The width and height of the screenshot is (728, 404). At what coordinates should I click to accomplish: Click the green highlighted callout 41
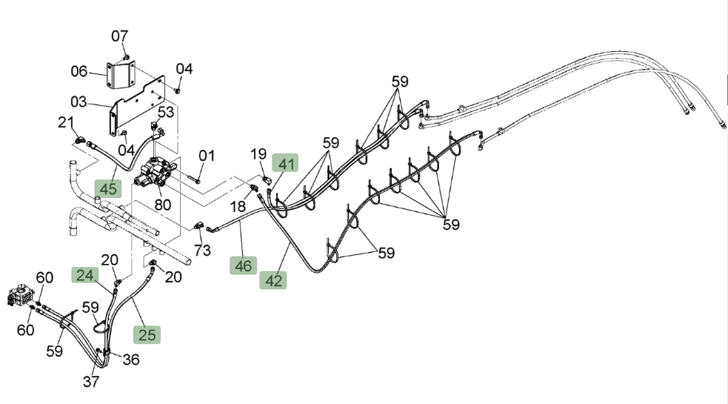(285, 163)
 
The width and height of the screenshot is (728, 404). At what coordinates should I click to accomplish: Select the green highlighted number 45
(108, 189)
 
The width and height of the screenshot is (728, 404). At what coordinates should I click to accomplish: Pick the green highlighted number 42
(273, 280)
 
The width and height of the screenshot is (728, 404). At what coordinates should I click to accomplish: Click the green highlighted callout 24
(85, 275)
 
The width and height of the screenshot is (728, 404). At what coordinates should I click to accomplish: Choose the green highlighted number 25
(147, 334)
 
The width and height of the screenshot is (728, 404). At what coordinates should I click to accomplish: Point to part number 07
(119, 36)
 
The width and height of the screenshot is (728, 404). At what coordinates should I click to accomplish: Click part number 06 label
(79, 71)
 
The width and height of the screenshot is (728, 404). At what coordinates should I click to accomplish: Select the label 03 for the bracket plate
(79, 102)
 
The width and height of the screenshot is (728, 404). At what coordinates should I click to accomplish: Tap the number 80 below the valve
(162, 205)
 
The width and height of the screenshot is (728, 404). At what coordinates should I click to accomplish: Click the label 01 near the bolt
(207, 156)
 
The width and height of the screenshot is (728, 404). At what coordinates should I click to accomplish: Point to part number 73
(202, 251)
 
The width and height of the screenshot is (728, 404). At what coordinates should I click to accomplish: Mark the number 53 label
(166, 112)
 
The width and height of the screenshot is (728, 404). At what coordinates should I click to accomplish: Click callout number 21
(66, 122)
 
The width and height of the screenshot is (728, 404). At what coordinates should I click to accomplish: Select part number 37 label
(91, 382)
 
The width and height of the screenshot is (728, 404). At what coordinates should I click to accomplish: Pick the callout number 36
(131, 360)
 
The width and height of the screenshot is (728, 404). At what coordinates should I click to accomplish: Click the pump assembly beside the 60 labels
(21, 296)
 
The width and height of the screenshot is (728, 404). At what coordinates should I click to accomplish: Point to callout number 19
(258, 154)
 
